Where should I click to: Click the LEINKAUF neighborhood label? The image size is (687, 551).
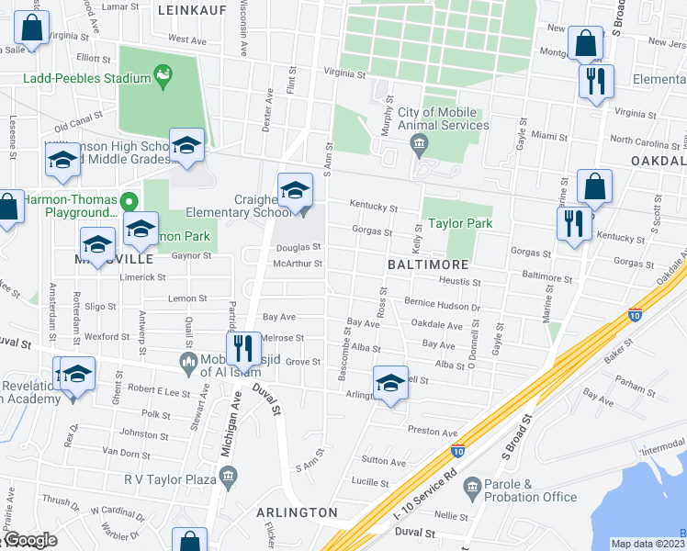click(191, 9)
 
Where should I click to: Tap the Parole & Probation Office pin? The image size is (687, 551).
click(473, 485)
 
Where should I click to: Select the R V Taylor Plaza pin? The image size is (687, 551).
click(229, 475)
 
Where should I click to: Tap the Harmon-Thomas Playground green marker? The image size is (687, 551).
click(130, 201)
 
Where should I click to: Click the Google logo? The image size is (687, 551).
click(29, 540)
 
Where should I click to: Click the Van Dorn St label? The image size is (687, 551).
click(126, 453)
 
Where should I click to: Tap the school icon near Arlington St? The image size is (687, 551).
click(390, 384)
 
